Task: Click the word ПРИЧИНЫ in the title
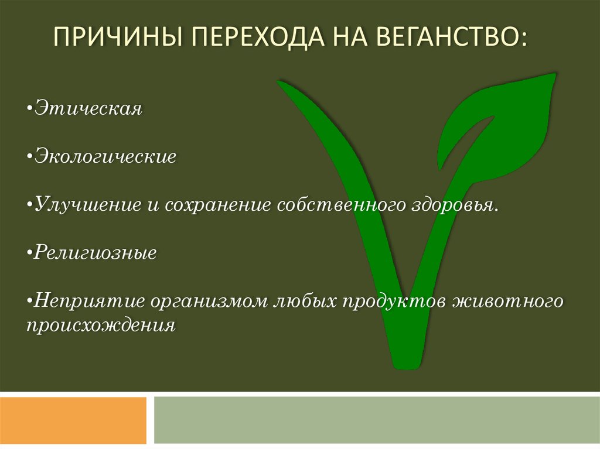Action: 117,36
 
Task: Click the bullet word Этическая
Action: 88,108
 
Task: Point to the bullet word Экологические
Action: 105,156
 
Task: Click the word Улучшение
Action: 88,205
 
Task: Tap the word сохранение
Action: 218,205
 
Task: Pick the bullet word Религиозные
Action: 96,253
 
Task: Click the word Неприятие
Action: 90,301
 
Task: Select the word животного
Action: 508,301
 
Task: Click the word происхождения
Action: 101,326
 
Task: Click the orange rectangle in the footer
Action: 73,420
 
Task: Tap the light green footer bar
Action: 377,420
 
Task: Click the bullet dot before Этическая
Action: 29,109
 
